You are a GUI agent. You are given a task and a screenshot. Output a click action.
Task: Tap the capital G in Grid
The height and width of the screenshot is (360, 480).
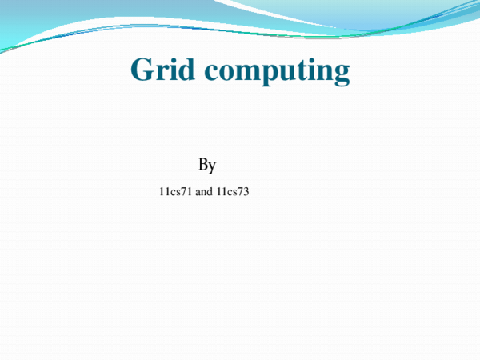(x=142, y=70)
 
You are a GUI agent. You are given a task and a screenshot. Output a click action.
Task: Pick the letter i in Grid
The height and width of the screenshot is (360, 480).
(x=167, y=70)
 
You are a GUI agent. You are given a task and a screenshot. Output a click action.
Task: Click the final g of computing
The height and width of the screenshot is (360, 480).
(x=340, y=75)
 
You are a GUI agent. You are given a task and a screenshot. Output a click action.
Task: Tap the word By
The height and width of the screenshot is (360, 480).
(x=207, y=166)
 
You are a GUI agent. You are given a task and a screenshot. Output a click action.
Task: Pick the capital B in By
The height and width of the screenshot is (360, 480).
(x=203, y=165)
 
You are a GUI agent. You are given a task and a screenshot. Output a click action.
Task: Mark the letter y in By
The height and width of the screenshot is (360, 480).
(x=213, y=167)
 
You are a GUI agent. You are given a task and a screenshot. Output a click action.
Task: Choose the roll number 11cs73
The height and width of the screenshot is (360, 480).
(x=233, y=191)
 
